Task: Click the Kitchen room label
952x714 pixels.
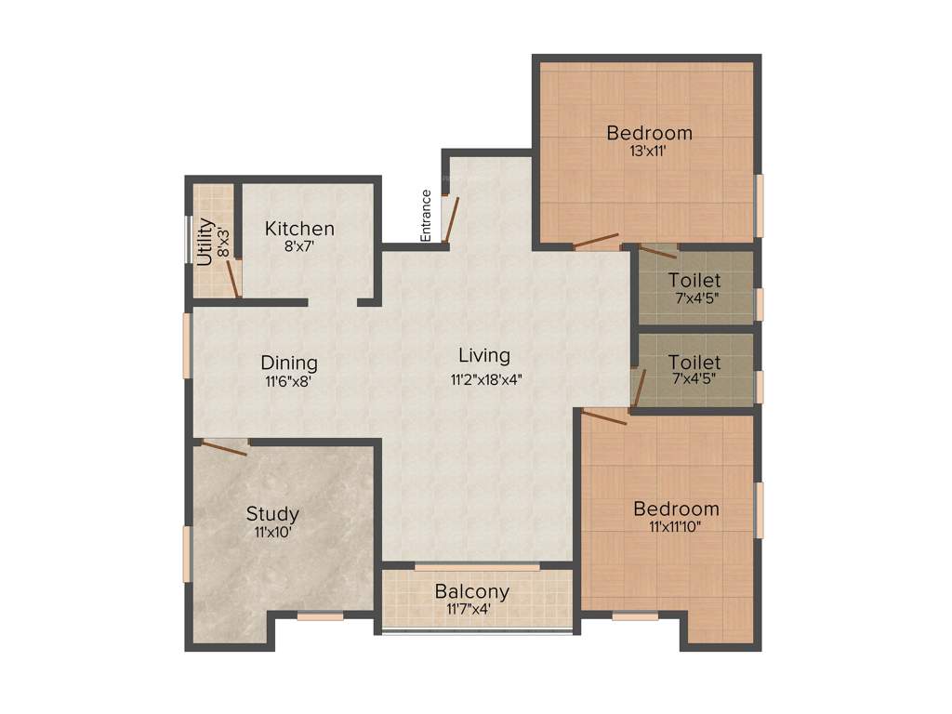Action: [x=299, y=229]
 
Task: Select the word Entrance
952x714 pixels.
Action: [x=426, y=216]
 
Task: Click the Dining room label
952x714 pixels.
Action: [x=288, y=363]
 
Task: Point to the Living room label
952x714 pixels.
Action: [x=484, y=355]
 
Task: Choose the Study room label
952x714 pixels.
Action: [x=272, y=513]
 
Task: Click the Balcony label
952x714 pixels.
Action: [x=472, y=591]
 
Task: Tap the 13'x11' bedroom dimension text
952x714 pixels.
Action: [x=649, y=151]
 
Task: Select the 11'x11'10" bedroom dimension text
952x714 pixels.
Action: [x=675, y=526]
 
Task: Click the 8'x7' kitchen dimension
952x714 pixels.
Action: [x=299, y=247]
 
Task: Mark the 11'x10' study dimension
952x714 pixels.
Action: [x=272, y=533]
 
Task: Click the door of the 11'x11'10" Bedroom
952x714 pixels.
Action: [x=604, y=416]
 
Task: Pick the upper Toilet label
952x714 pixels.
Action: [x=694, y=280]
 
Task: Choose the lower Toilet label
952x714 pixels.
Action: [x=694, y=363]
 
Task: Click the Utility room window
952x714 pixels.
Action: [x=190, y=239]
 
